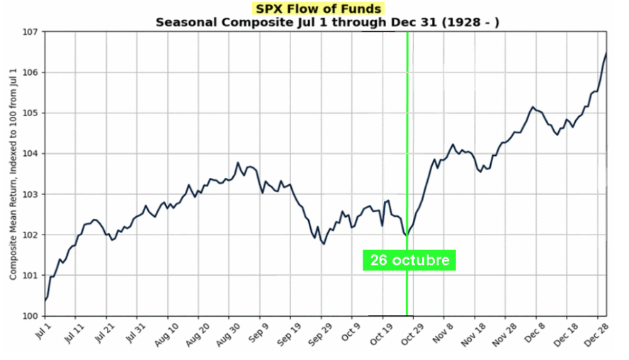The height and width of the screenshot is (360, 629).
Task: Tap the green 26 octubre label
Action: coord(409,260)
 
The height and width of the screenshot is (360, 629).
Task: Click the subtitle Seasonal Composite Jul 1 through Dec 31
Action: coord(327,22)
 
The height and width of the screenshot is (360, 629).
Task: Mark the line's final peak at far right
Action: coord(606,53)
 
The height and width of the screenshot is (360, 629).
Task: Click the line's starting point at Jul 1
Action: coord(45,300)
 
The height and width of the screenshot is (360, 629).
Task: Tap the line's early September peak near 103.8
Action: coord(238,163)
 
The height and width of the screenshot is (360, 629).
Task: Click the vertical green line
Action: coord(407,142)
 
